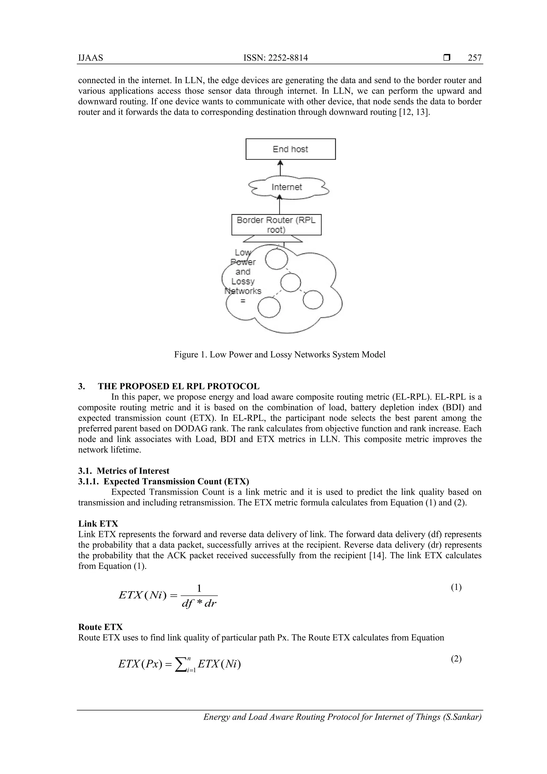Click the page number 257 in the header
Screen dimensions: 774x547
coord(475,58)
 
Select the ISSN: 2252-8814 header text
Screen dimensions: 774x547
coord(276,58)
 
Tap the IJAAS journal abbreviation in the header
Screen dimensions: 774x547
coord(91,58)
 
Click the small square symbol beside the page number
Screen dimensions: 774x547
coord(447,58)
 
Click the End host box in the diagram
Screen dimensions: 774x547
coord(290,149)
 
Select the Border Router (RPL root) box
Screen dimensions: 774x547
coord(276,225)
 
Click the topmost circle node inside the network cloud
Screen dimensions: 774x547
coord(276,258)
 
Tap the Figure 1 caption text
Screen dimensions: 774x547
coord(280,355)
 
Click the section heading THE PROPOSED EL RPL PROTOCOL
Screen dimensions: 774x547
coord(178,386)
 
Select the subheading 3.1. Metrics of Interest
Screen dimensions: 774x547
coord(124,471)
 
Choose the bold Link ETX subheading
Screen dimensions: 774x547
coord(98,524)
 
